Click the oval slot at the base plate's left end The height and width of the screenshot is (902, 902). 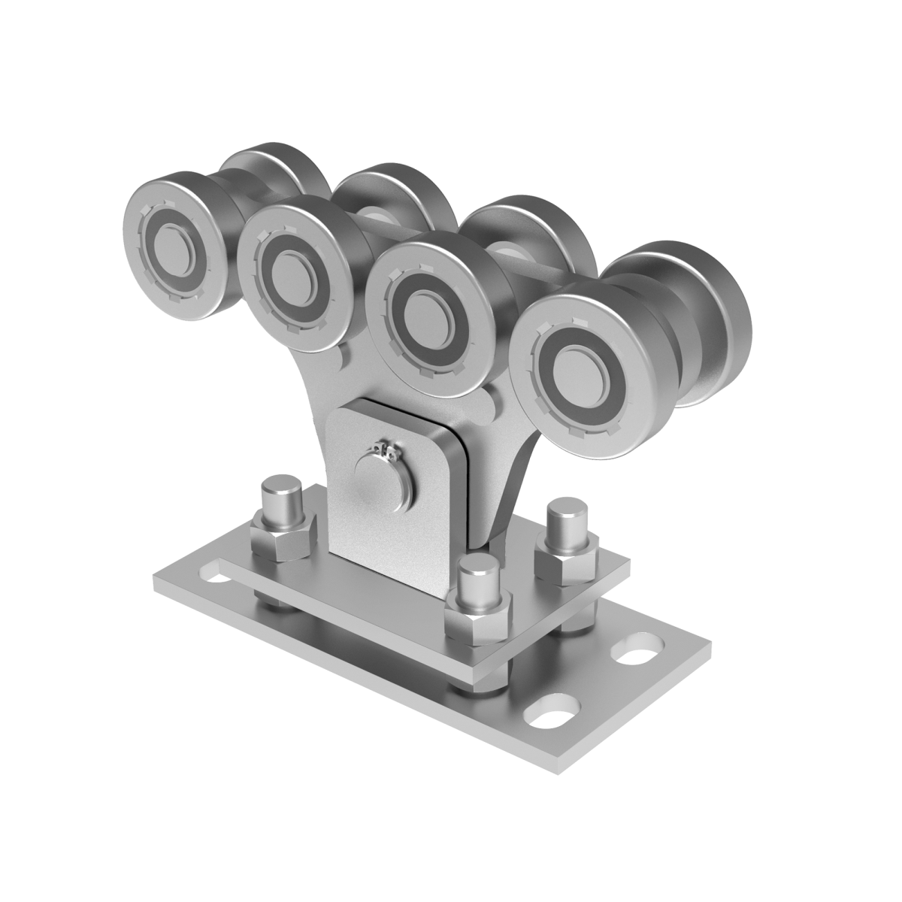(216, 580)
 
